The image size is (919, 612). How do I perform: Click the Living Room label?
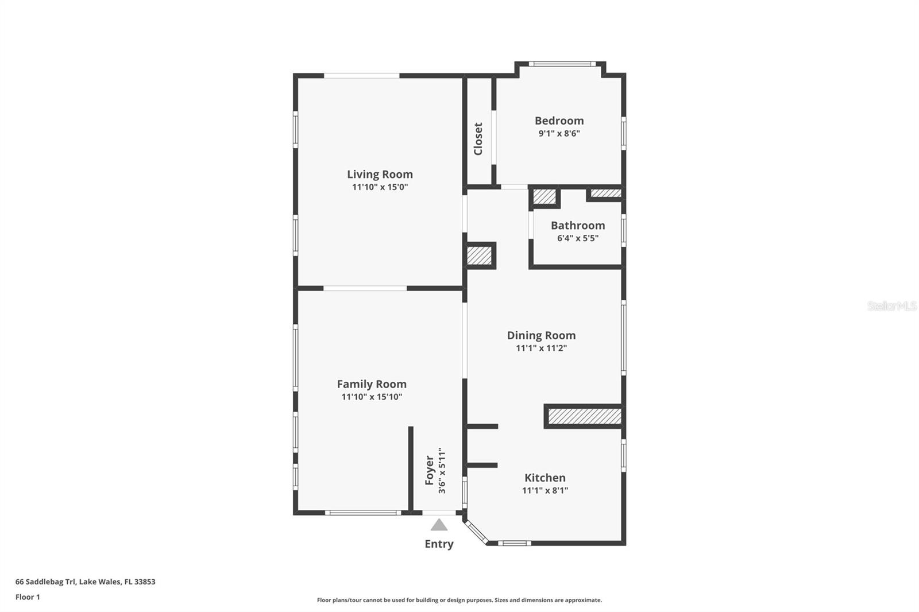(380, 175)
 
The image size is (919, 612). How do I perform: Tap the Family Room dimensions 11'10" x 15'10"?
(372, 397)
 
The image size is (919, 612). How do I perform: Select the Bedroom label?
(559, 121)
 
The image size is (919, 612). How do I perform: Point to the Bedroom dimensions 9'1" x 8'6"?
(559, 133)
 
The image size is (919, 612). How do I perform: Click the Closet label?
(478, 138)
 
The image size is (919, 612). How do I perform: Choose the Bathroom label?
(578, 225)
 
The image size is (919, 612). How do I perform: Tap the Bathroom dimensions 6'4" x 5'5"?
(578, 238)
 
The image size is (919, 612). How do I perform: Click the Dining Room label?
(541, 335)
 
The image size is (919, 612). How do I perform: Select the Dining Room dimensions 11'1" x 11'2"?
(541, 348)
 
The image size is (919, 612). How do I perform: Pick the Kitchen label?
(545, 478)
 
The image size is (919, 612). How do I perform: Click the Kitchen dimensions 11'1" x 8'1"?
(545, 490)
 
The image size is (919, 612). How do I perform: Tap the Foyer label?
(429, 470)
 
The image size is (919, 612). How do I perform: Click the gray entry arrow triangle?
(439, 525)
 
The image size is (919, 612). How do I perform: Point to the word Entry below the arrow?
(439, 544)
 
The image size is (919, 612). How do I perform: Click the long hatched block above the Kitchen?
(585, 416)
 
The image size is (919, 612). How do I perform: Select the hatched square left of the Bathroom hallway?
(479, 255)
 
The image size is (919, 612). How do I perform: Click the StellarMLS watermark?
(892, 305)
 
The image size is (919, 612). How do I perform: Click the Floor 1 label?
(28, 597)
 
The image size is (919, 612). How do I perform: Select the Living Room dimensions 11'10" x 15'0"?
(380, 187)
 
